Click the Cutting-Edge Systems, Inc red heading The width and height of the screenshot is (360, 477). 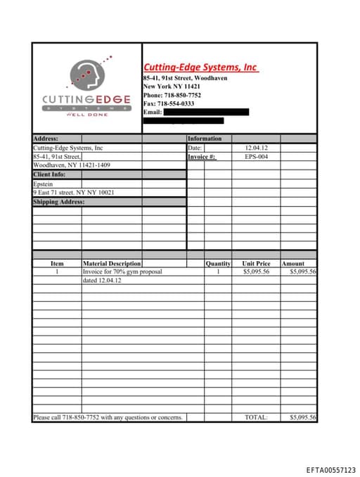click(x=200, y=67)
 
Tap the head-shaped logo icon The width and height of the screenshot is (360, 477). click(x=86, y=75)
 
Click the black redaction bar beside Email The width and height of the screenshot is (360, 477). click(x=206, y=112)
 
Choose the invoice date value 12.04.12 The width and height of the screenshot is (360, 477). click(x=256, y=148)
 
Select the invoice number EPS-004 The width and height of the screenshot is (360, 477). click(x=256, y=157)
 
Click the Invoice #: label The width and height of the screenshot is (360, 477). click(x=202, y=157)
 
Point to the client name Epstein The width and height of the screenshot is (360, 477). click(x=43, y=184)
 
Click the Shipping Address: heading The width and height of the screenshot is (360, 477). click(x=58, y=202)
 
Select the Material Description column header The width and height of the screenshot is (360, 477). click(x=112, y=264)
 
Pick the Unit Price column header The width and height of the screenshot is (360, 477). click(x=256, y=264)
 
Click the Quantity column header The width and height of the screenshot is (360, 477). click(x=218, y=264)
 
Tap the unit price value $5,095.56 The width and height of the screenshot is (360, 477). click(x=256, y=272)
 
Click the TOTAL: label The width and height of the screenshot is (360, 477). click(x=256, y=417)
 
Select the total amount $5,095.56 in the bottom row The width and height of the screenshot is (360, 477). click(x=303, y=417)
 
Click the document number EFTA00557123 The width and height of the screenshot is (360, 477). click(x=330, y=469)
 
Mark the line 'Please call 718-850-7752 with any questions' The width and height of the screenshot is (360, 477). click(x=108, y=417)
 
